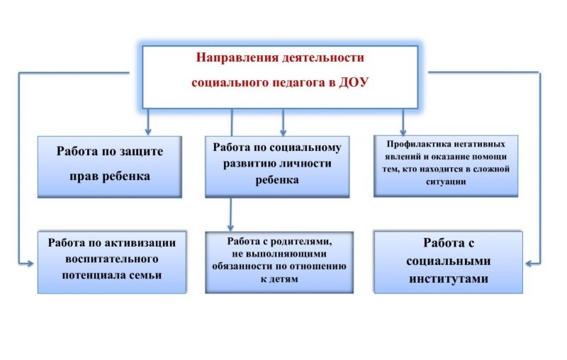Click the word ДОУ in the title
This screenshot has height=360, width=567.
[353, 82]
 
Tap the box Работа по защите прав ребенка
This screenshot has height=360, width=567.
[110, 167]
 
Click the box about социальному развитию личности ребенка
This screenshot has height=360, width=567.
[277, 167]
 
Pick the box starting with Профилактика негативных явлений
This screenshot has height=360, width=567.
[446, 166]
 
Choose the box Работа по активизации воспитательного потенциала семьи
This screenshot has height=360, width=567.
[112, 262]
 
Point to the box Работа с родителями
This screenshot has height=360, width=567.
[279, 262]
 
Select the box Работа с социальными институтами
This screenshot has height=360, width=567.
[449, 262]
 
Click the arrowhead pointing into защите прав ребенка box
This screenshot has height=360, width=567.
[148, 131]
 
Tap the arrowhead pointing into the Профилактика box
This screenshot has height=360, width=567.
[403, 131]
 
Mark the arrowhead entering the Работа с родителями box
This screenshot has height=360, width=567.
[230, 227]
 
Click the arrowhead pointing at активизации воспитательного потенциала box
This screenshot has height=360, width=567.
[29, 264]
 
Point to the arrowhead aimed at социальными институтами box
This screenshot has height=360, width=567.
[529, 264]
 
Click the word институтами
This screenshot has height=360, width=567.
[449, 279]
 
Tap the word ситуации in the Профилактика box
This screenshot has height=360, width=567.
[446, 182]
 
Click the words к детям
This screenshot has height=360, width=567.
[279, 279]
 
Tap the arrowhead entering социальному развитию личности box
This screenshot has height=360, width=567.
[283, 131]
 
